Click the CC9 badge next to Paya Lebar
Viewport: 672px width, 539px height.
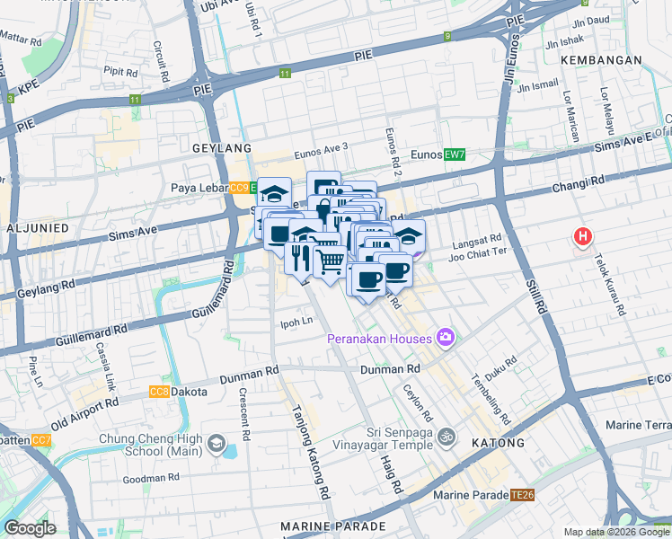click(x=239, y=188)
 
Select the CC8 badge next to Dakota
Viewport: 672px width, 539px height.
click(x=159, y=392)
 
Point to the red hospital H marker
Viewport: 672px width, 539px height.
click(x=583, y=237)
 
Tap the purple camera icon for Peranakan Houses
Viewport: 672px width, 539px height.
click(x=446, y=338)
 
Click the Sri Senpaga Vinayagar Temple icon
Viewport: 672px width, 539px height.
click(x=447, y=439)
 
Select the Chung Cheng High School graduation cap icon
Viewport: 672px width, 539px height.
click(x=216, y=443)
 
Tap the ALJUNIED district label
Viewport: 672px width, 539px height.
click(x=38, y=228)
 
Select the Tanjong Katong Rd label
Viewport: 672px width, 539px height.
click(x=307, y=450)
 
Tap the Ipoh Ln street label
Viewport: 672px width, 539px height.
click(x=296, y=320)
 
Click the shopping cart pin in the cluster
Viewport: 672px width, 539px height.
click(x=330, y=261)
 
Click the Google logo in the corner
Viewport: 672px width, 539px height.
click(x=30, y=528)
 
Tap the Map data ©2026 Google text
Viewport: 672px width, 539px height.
click(x=615, y=532)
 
